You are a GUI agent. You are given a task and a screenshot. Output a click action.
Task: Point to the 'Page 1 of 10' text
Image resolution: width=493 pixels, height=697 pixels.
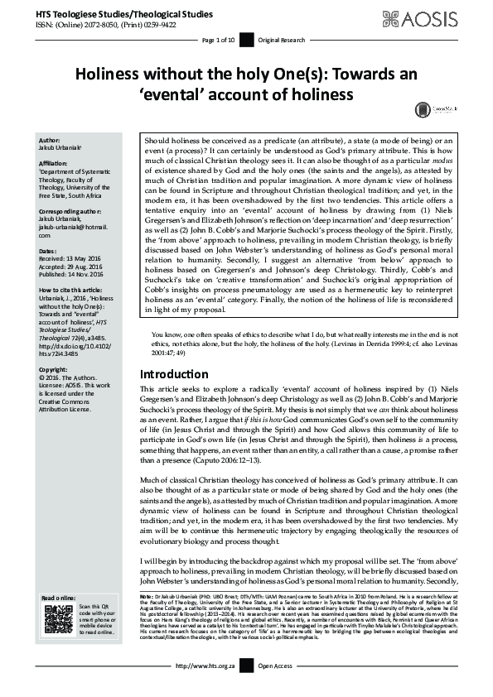click(x=218, y=40)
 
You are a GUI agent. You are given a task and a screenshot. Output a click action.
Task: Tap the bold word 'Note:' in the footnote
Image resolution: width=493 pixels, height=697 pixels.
click(x=147, y=597)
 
